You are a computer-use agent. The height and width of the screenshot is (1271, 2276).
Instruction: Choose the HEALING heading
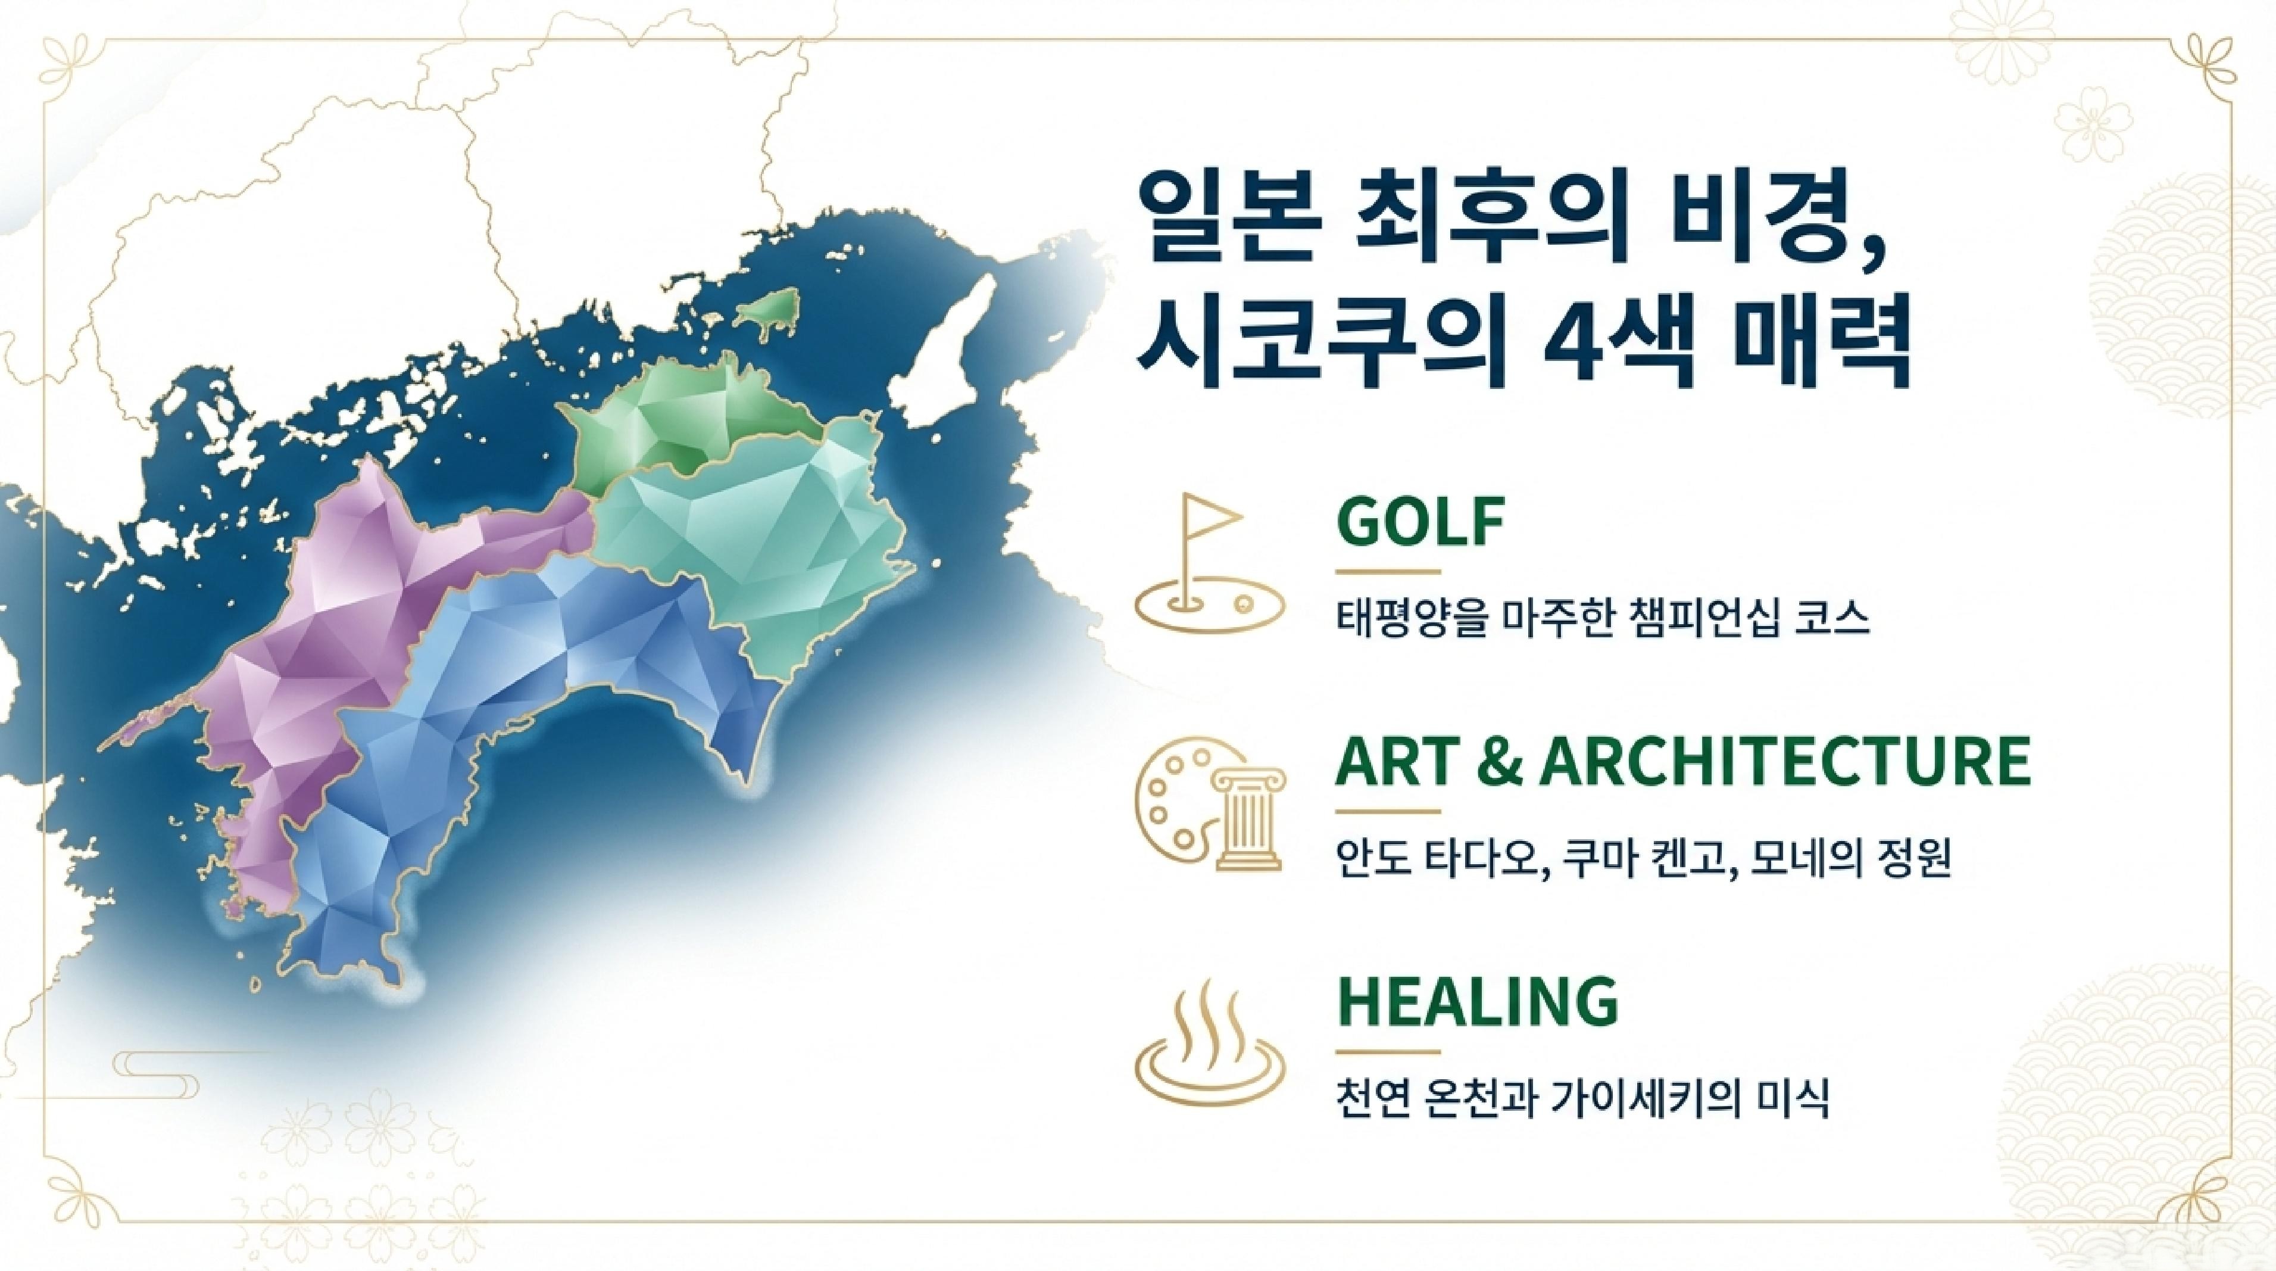1476,1001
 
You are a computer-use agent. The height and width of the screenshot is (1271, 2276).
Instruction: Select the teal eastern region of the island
760,548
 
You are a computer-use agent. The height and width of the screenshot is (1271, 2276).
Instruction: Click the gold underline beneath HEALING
1387,1052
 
